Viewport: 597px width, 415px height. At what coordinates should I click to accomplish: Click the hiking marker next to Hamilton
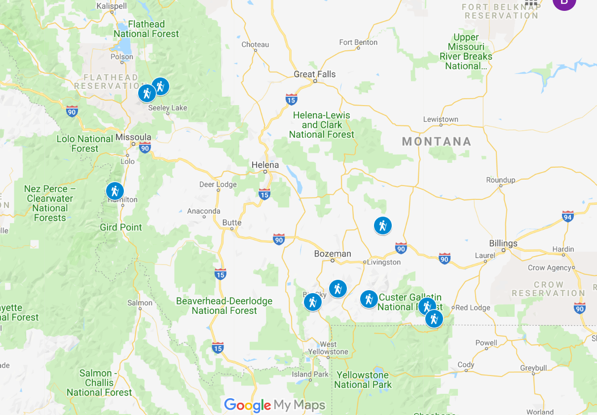(x=114, y=191)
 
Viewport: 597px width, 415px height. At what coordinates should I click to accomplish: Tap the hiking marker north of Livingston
(x=382, y=226)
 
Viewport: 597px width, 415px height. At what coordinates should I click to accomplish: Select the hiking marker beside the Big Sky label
(x=312, y=302)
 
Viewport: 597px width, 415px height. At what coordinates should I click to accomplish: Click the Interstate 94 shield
(x=568, y=216)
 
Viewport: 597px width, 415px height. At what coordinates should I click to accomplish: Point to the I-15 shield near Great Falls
(x=291, y=99)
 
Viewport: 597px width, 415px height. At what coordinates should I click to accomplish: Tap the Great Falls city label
(x=314, y=74)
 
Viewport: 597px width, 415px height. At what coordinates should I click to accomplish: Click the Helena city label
(x=265, y=165)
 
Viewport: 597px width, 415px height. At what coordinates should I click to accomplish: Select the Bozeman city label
(x=333, y=254)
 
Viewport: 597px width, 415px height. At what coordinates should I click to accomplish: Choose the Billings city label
(x=503, y=243)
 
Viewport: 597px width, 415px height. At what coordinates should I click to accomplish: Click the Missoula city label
(x=133, y=137)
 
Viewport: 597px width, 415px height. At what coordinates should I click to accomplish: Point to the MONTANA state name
(x=437, y=142)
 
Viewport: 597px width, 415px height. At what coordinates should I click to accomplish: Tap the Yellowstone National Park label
(x=363, y=379)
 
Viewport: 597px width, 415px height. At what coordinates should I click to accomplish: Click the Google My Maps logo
(x=275, y=405)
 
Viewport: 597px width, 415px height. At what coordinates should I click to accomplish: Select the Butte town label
(x=232, y=223)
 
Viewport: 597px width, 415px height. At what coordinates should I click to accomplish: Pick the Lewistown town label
(x=441, y=119)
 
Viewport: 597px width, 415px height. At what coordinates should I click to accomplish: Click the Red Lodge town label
(x=472, y=307)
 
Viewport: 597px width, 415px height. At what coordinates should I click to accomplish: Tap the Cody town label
(x=465, y=365)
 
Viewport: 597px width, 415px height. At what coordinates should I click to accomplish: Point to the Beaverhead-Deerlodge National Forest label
(x=224, y=306)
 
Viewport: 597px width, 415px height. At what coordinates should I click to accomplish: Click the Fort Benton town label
(x=358, y=42)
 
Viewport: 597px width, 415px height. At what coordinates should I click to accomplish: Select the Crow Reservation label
(x=548, y=289)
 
